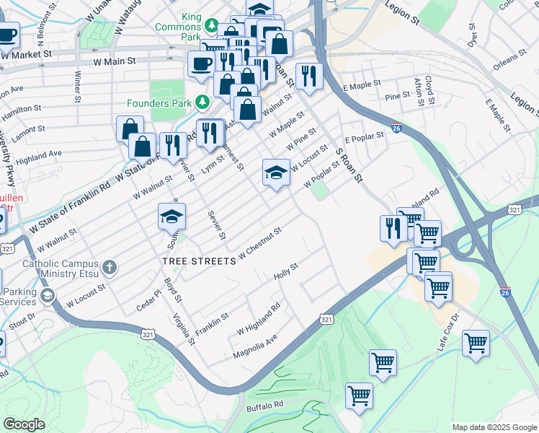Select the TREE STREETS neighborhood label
(x=199, y=261)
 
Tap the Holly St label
(x=286, y=273)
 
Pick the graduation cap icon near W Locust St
(x=276, y=172)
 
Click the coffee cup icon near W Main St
(x=201, y=64)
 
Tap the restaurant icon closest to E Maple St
(x=309, y=76)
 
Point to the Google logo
(x=24, y=424)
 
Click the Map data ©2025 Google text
(x=494, y=427)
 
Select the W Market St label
(x=27, y=53)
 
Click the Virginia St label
(x=183, y=328)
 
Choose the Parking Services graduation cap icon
(x=48, y=295)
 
